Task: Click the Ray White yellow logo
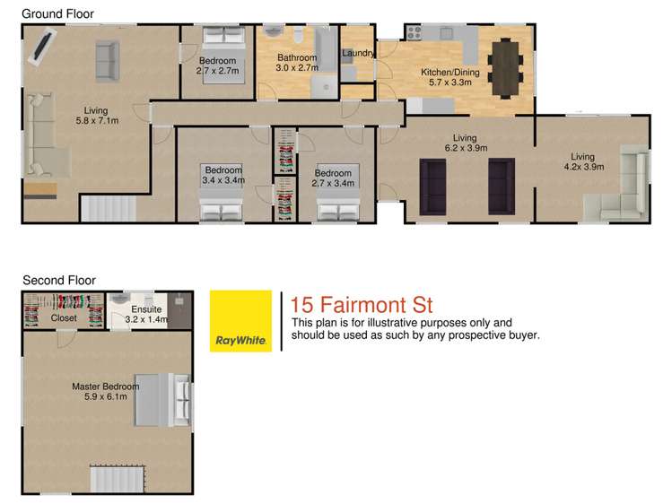click(x=240, y=321)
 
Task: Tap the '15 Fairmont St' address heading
click(x=362, y=305)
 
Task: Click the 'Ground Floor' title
click(x=57, y=14)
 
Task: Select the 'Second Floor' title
click(x=59, y=281)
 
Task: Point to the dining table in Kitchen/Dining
click(x=506, y=68)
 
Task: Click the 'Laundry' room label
click(x=358, y=53)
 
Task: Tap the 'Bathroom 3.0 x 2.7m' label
click(x=297, y=63)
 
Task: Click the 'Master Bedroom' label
click(x=106, y=387)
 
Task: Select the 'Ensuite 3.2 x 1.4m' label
click(x=146, y=314)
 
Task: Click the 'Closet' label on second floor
click(x=64, y=318)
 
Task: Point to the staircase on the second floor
click(x=117, y=479)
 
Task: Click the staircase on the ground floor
click(x=109, y=209)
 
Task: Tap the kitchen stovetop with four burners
click(x=414, y=33)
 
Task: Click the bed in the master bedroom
click(x=163, y=400)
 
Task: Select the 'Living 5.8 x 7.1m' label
click(x=97, y=116)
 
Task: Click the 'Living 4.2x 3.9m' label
click(x=584, y=161)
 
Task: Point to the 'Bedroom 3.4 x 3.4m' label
click(x=223, y=175)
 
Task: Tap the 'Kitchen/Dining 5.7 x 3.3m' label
click(x=450, y=77)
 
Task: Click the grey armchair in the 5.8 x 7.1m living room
click(x=107, y=61)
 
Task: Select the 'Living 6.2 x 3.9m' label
click(x=466, y=143)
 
